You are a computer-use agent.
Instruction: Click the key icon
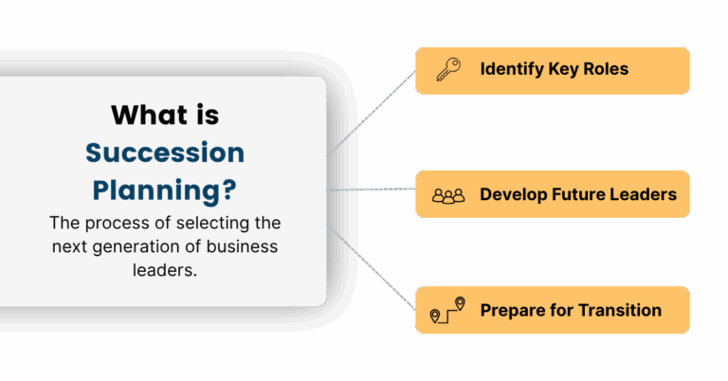[x=448, y=69]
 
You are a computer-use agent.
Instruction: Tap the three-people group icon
[x=448, y=195]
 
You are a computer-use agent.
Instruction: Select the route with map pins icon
[x=447, y=310]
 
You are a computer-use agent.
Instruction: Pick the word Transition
[x=620, y=310]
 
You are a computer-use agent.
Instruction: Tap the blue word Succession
[x=165, y=153]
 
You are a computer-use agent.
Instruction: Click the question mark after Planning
[x=229, y=190]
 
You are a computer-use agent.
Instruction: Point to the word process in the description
[x=118, y=224]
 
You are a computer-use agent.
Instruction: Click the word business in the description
[x=242, y=246]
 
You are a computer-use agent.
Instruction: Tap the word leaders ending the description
[x=165, y=270]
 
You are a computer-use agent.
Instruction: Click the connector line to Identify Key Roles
[x=371, y=113]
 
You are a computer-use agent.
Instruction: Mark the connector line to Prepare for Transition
[x=371, y=267]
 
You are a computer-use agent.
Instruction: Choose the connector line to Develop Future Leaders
[x=371, y=190]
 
